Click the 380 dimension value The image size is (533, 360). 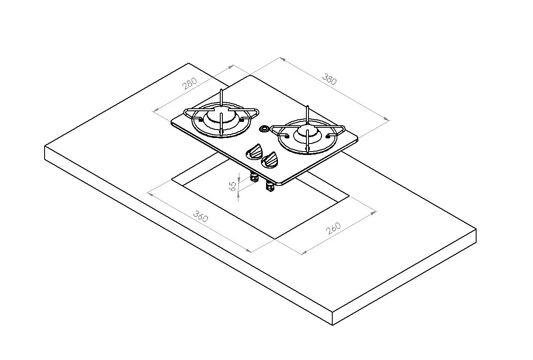tap(330, 79)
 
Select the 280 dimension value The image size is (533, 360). tap(190, 84)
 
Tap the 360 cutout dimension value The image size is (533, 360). tap(201, 216)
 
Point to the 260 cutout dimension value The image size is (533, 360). tap(334, 228)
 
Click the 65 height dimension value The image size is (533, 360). tap(233, 186)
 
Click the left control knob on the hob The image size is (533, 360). tap(254, 152)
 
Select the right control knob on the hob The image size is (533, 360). tap(269, 160)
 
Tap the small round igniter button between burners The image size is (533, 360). tap(264, 129)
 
